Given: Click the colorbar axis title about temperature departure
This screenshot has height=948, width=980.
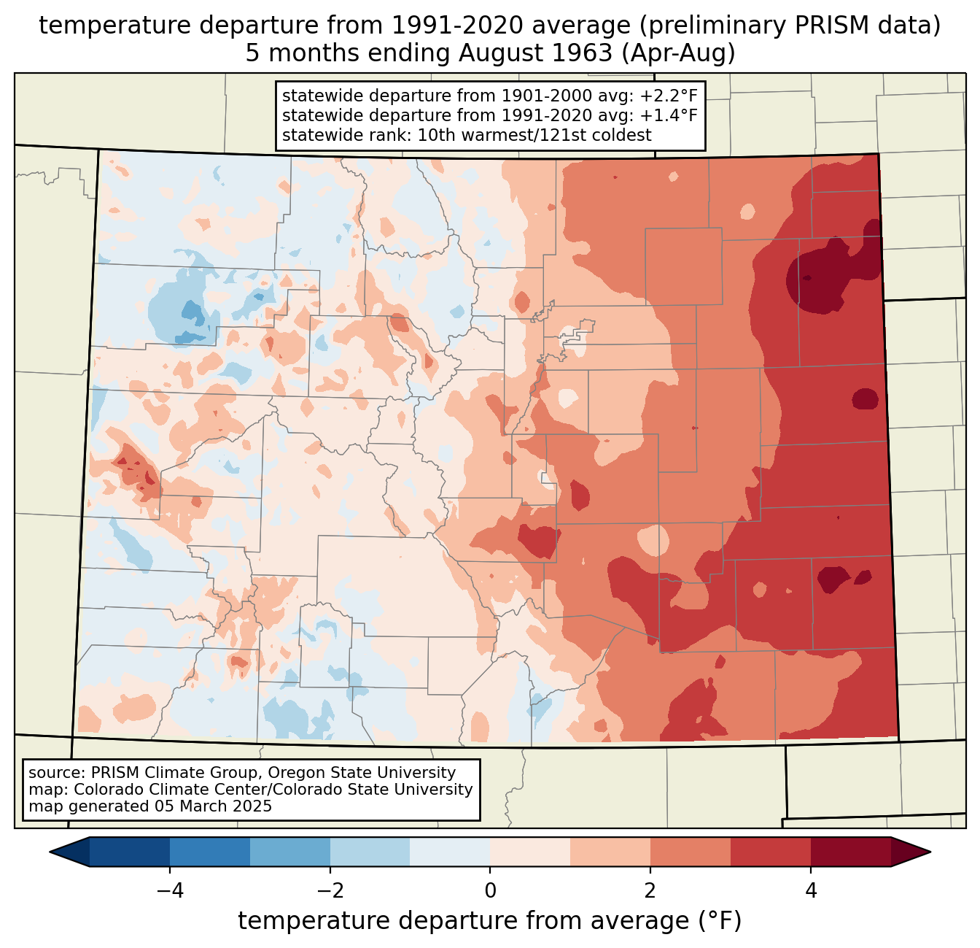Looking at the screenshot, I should pos(490,921).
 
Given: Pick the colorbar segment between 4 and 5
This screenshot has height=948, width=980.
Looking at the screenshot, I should pos(850,852).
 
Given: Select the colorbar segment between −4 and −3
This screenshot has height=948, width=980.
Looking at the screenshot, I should pos(210,852).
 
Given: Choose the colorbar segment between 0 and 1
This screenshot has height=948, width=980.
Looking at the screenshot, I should pos(530,852).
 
